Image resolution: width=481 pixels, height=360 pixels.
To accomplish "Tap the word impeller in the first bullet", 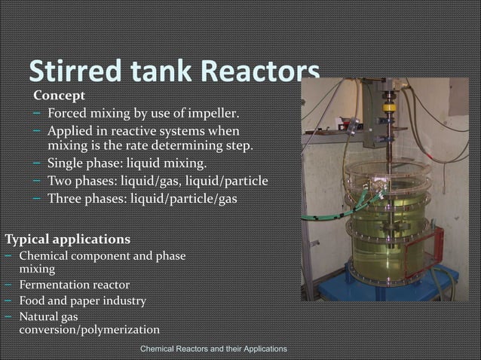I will [214, 114].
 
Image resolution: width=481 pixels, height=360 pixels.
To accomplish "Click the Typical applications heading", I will [67, 239].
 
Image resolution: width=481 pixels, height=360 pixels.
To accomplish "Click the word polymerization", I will [122, 330].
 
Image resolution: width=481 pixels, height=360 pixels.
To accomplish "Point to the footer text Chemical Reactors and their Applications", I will [213, 349].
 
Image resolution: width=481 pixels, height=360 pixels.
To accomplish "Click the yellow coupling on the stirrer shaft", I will [390, 108].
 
